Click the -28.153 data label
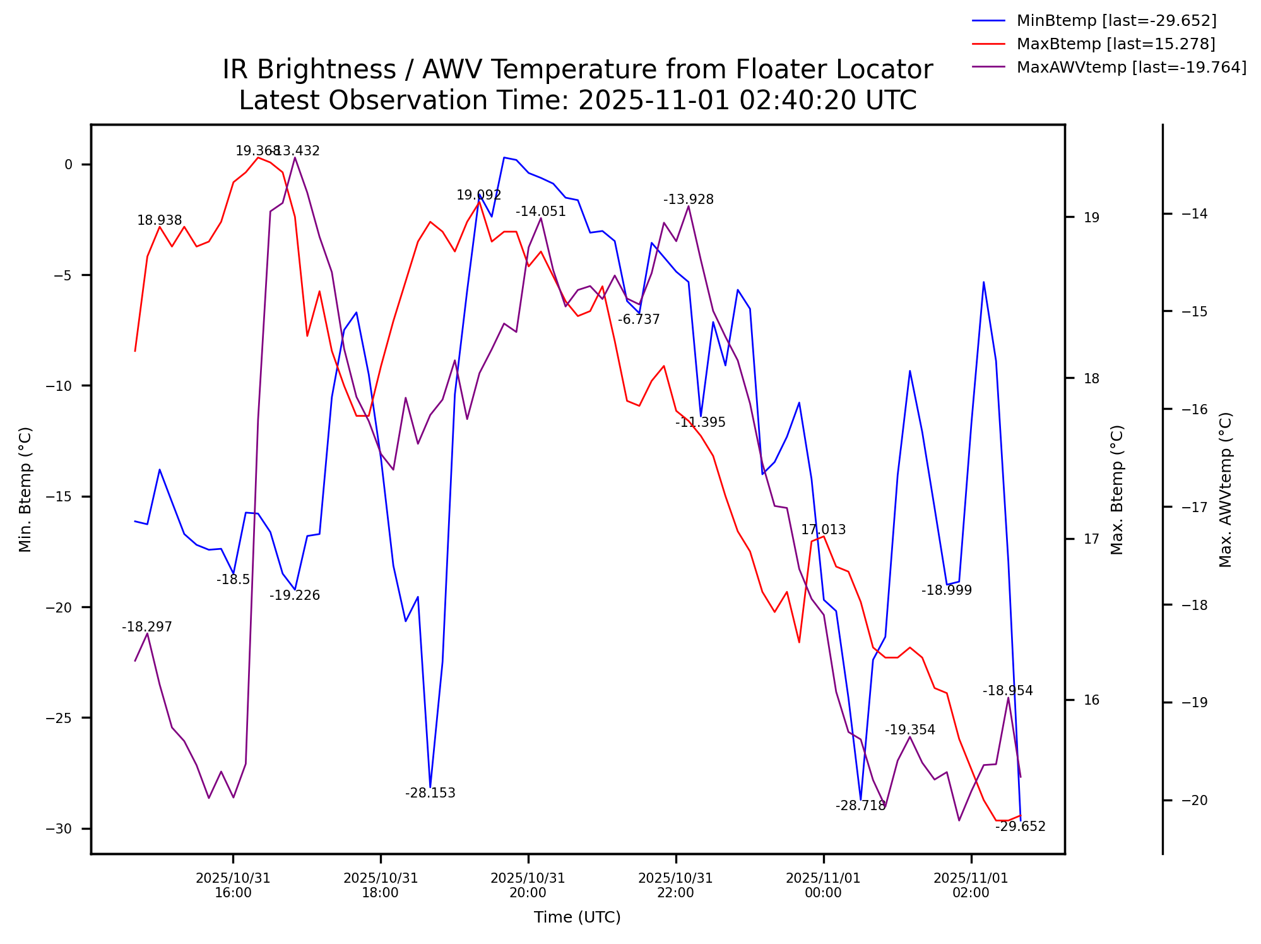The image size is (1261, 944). coord(430,793)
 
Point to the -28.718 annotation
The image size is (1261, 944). coord(860,806)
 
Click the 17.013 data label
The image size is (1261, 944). coord(823,530)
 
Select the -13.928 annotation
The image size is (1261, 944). coord(688,200)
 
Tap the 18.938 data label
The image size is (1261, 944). coord(159,220)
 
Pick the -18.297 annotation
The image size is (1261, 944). coord(146,627)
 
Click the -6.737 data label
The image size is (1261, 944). coord(639,320)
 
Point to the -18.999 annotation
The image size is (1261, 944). coord(946,590)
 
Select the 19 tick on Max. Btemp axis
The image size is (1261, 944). coord(1091,218)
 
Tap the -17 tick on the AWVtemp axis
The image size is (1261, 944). coord(1193,507)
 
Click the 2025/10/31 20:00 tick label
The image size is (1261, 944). coord(528,885)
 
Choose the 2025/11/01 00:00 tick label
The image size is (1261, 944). coord(823,885)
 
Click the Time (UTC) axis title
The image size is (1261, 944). coord(577,917)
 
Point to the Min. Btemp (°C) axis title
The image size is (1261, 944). coord(25,489)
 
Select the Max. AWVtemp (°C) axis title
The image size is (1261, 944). coord(1225,489)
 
